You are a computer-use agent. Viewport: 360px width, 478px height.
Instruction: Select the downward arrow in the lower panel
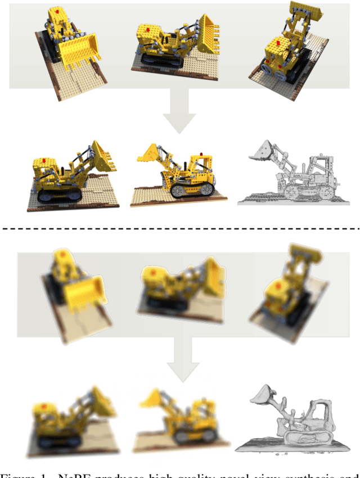pos(182,360)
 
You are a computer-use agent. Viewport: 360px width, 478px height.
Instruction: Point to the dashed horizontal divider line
pos(180,228)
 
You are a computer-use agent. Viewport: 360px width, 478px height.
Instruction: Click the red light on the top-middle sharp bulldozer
pos(147,28)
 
